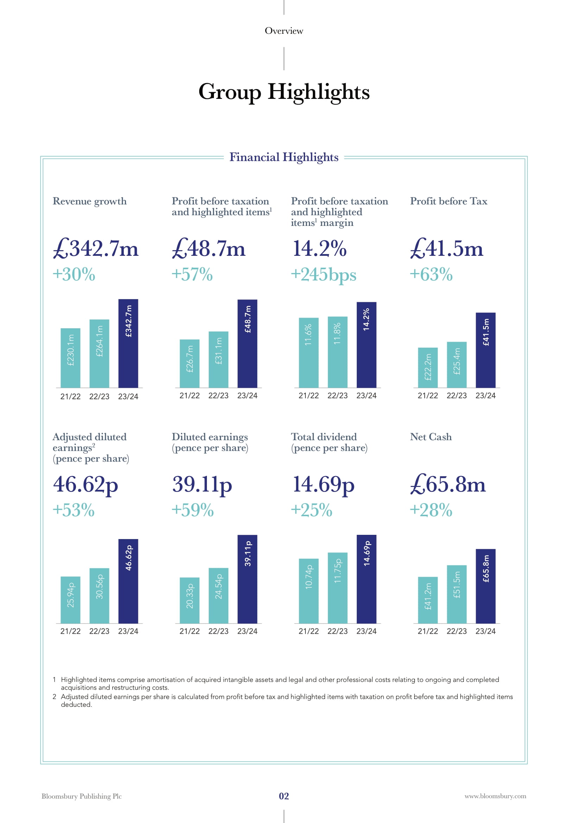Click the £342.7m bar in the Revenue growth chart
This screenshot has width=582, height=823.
pyautogui.click(x=128, y=343)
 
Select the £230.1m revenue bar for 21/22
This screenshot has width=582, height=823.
pyautogui.click(x=70, y=358)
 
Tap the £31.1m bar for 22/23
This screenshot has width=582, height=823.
pyautogui.click(x=219, y=360)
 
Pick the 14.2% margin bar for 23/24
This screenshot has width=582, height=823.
pyautogui.click(x=366, y=345)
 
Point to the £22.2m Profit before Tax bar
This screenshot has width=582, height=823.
pyautogui.click(x=428, y=368)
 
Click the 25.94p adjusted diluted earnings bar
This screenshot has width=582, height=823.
pyautogui.click(x=70, y=600)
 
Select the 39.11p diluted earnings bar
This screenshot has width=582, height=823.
pyautogui.click(x=247, y=579)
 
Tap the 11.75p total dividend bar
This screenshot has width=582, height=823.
pyautogui.click(x=337, y=588)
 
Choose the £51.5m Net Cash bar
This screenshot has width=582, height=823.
pyautogui.click(x=457, y=595)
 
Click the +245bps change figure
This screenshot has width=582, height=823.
pyautogui.click(x=324, y=275)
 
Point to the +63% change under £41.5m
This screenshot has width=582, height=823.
pyautogui.click(x=431, y=274)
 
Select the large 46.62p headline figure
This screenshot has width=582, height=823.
pyautogui.click(x=85, y=485)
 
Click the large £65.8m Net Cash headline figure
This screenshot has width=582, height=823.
pyautogui.click(x=448, y=484)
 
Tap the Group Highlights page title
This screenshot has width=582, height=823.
pyautogui.click(x=284, y=92)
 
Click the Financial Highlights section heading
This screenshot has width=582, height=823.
pyautogui.click(x=284, y=157)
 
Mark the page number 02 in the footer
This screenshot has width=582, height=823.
pyautogui.click(x=284, y=796)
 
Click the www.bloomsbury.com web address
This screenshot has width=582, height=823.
pyautogui.click(x=495, y=796)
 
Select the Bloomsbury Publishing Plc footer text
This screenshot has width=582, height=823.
pyautogui.click(x=82, y=796)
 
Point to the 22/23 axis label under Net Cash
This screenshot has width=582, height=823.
pyautogui.click(x=457, y=631)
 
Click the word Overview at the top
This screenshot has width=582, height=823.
pyautogui.click(x=284, y=31)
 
